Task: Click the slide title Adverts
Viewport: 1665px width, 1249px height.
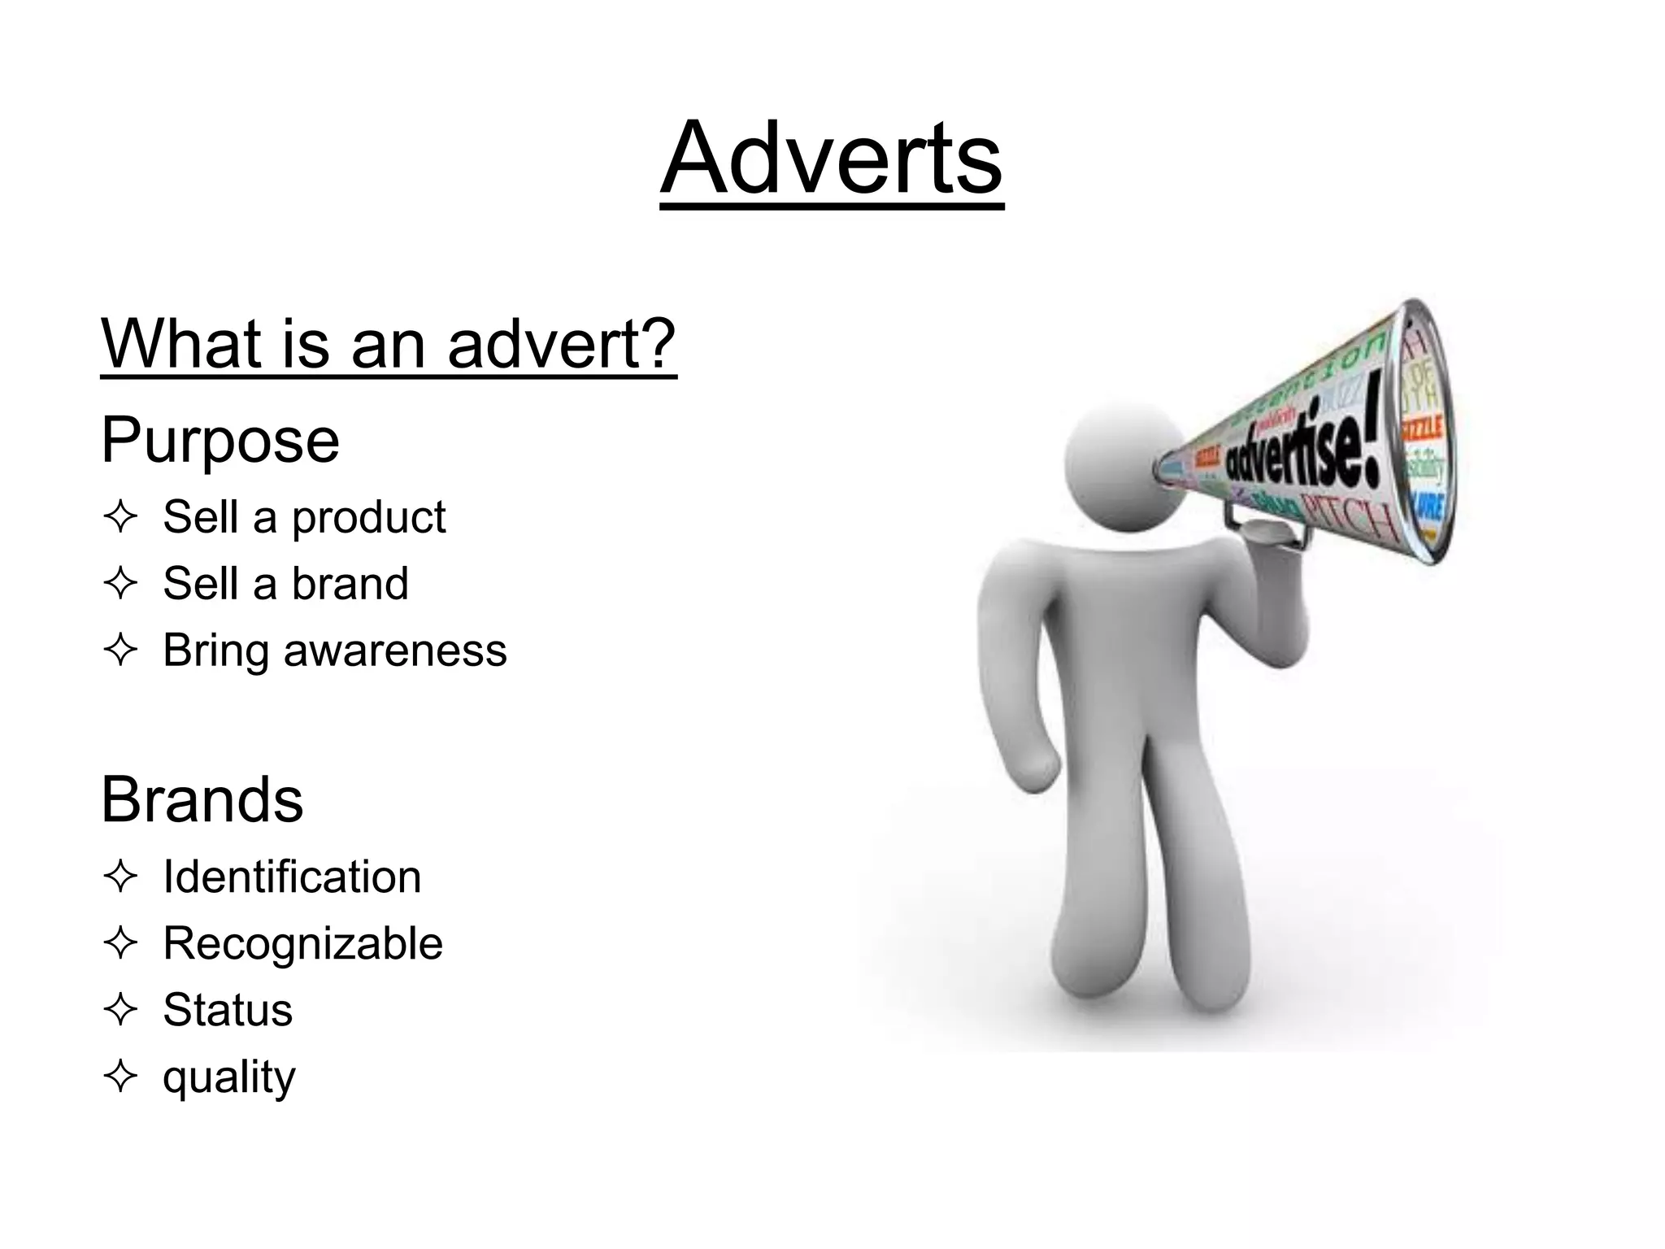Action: (x=831, y=158)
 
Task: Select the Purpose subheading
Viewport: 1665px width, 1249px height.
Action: (x=220, y=441)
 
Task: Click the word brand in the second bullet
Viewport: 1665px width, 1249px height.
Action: (x=350, y=584)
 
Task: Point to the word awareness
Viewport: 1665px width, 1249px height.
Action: (x=395, y=651)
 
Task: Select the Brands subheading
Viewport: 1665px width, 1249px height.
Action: (x=202, y=800)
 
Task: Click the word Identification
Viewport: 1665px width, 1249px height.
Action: (x=292, y=877)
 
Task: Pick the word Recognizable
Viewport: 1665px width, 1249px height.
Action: (x=302, y=944)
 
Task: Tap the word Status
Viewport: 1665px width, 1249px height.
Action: (x=228, y=1011)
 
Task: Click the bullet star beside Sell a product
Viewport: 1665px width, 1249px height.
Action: (x=120, y=517)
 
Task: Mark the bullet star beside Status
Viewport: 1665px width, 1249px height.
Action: (x=120, y=1010)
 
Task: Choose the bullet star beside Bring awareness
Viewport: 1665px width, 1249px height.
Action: (x=120, y=651)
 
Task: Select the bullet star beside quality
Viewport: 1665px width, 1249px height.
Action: (x=120, y=1077)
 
